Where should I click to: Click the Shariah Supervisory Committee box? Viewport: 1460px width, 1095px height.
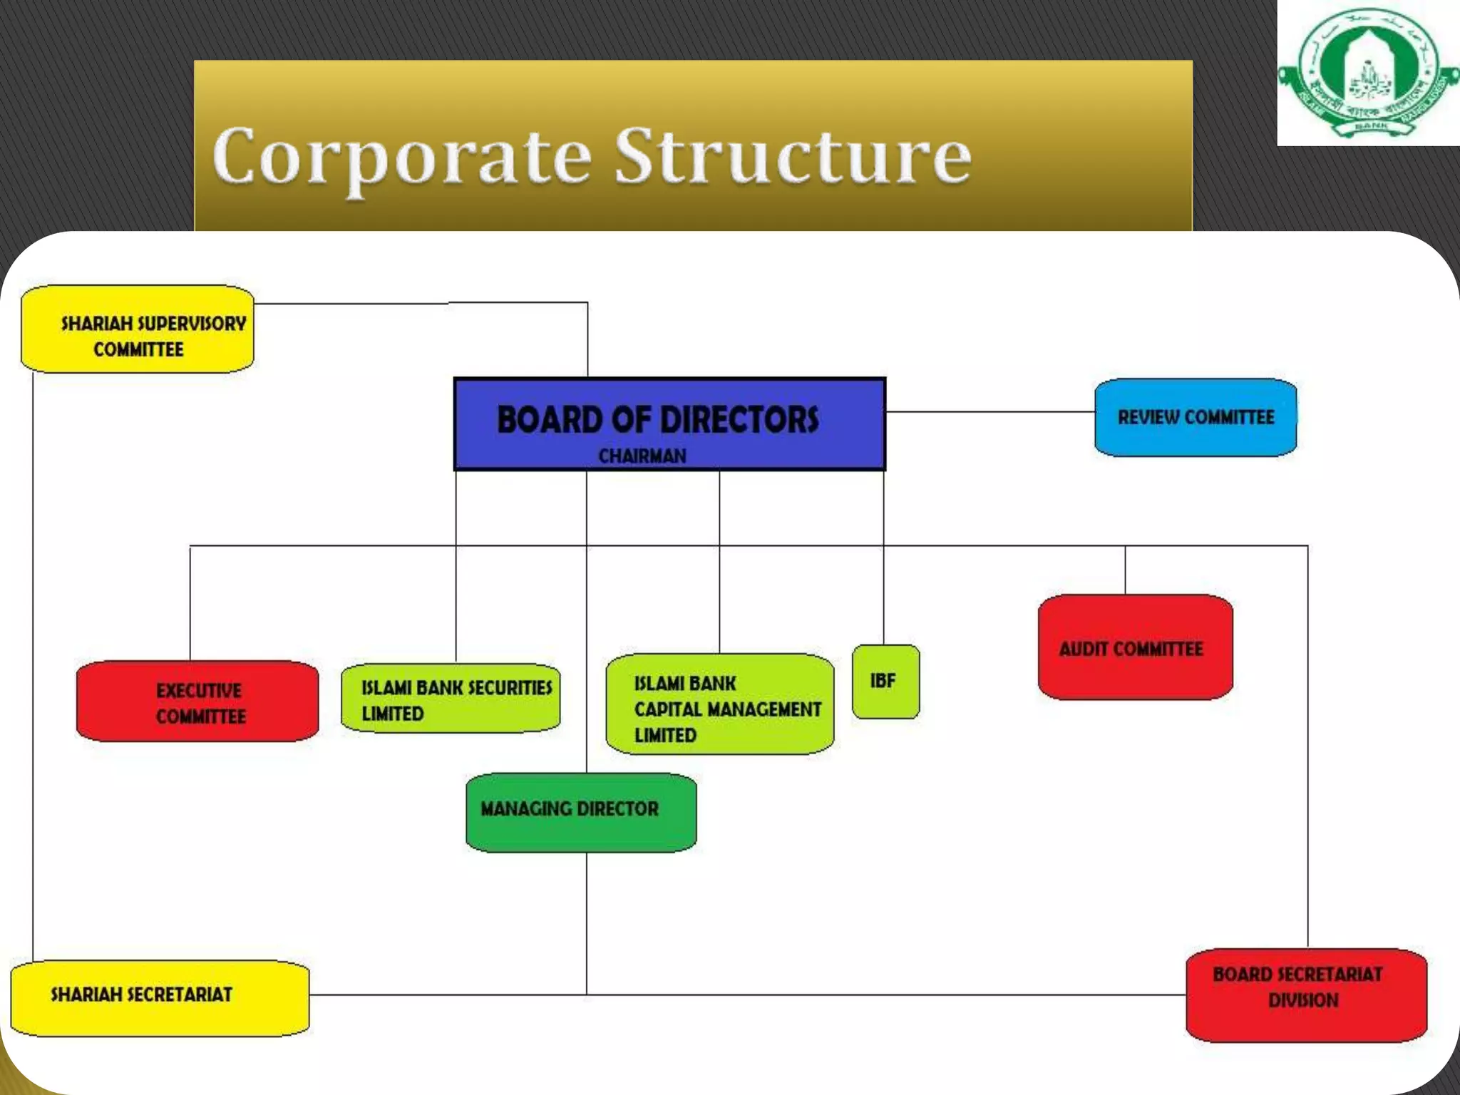(138, 329)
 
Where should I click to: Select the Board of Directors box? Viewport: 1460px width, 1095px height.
(669, 424)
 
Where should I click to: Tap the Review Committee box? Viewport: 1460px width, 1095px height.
(1196, 418)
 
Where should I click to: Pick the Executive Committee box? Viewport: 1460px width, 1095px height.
(197, 701)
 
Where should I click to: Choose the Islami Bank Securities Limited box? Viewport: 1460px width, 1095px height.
(451, 699)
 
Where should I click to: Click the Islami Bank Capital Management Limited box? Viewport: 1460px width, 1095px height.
(719, 705)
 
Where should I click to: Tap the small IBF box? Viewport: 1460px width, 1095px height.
(885, 682)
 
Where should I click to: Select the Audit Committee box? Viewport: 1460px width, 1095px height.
(1135, 647)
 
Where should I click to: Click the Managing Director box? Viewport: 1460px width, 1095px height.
(581, 812)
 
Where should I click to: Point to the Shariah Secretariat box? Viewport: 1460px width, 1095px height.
(160, 997)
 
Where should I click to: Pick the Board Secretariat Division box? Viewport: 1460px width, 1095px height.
(1306, 994)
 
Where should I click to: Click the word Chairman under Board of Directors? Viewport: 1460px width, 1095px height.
(642, 456)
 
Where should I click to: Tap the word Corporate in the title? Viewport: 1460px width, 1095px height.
(402, 157)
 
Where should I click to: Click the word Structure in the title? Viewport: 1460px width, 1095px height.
(793, 157)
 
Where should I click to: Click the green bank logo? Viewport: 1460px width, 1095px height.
(1368, 73)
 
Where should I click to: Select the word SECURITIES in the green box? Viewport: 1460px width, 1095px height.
(509, 687)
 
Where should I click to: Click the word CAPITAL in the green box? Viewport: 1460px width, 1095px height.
(668, 709)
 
